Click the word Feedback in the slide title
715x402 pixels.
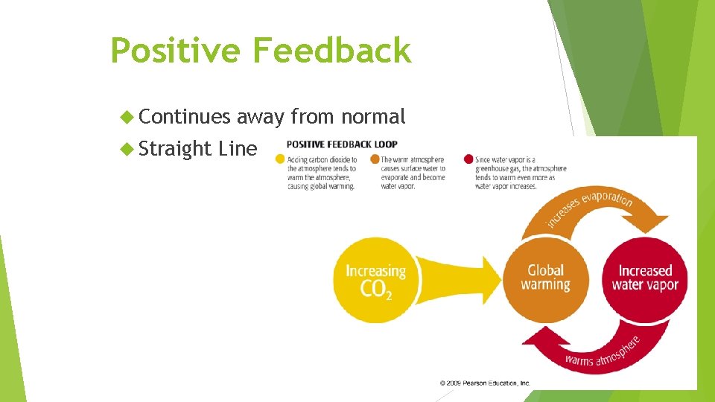pyautogui.click(x=331, y=51)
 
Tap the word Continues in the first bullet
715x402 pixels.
pyautogui.click(x=185, y=117)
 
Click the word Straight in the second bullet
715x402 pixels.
pyautogui.click(x=176, y=149)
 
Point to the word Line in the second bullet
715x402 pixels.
pyautogui.click(x=238, y=149)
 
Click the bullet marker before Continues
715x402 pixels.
pyautogui.click(x=127, y=117)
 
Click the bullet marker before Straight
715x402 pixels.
pyautogui.click(x=127, y=149)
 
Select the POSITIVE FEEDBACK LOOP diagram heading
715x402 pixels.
pyautogui.click(x=342, y=144)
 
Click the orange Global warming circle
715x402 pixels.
pyautogui.click(x=546, y=278)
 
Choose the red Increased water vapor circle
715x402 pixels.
pyautogui.click(x=645, y=278)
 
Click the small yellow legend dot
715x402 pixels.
pyautogui.click(x=280, y=159)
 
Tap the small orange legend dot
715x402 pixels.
pyautogui.click(x=375, y=159)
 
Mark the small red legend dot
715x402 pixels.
pyautogui.click(x=468, y=159)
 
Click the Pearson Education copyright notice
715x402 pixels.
pyautogui.click(x=485, y=383)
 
